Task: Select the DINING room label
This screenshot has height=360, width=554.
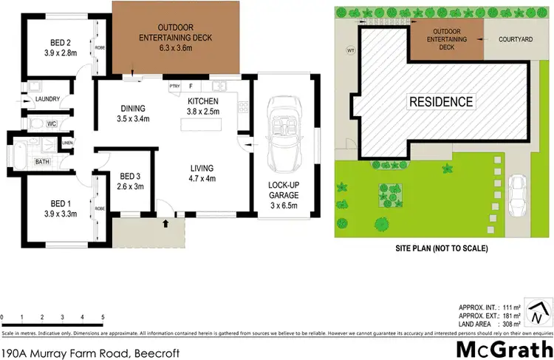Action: [x=134, y=108]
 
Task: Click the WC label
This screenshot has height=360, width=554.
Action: [x=52, y=123]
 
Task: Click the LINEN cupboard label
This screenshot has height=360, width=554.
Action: [x=67, y=143]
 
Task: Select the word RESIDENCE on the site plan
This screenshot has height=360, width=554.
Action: [x=442, y=101]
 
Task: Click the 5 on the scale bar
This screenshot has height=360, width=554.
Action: [x=103, y=317]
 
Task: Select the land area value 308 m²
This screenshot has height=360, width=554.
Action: [x=510, y=324]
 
